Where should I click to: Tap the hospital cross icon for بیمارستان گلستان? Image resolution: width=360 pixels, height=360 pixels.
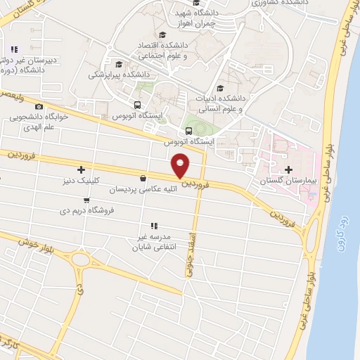[x=290, y=169]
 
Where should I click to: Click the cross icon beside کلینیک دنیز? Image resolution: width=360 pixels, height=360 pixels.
[x=82, y=169]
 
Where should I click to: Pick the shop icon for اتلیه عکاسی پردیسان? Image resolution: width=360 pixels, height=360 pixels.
[x=143, y=179]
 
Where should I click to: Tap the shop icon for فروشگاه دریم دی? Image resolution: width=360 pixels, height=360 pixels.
[x=86, y=200]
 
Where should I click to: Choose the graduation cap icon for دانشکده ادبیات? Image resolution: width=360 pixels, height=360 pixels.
[x=221, y=88]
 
